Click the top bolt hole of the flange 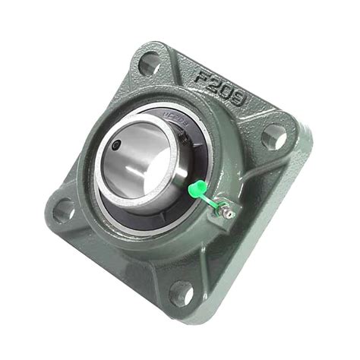point(150,63)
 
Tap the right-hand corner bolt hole point(274,137)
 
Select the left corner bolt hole point(65,210)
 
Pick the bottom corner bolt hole point(182,292)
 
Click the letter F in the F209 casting point(203,77)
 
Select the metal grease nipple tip point(227,215)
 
